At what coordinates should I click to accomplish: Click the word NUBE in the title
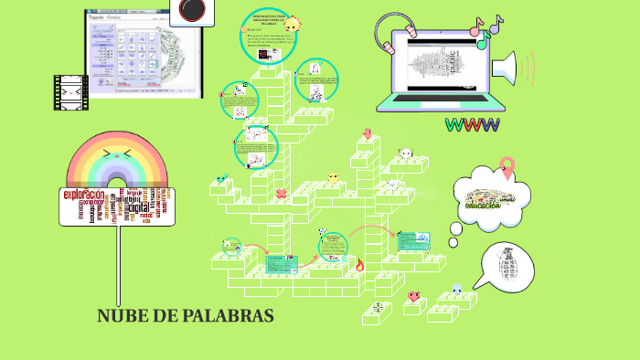(120, 316)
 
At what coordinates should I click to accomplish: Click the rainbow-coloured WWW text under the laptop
(472, 124)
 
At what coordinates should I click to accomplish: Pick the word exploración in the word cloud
(88, 195)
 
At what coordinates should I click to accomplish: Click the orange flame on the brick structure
(359, 266)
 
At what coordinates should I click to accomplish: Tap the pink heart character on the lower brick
(413, 296)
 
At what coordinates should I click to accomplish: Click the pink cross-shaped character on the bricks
(281, 193)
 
